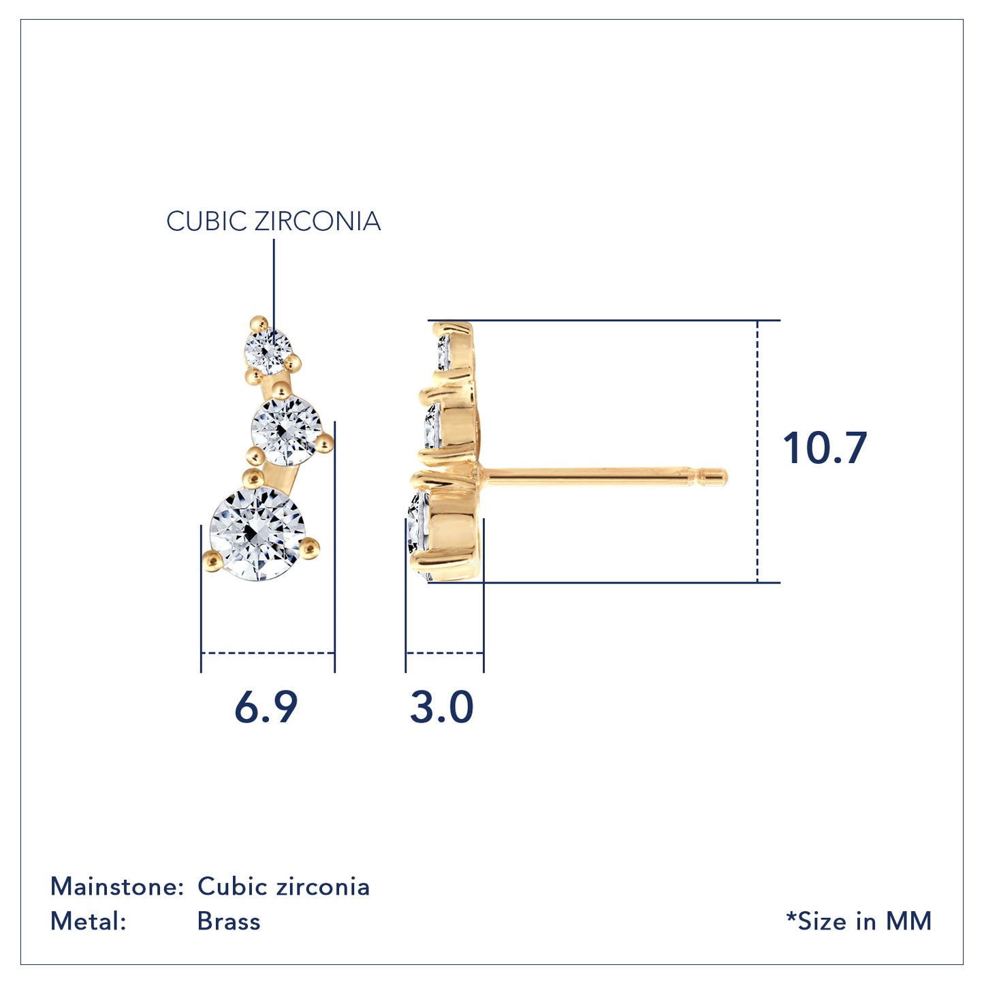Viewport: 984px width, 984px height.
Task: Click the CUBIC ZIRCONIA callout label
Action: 273,221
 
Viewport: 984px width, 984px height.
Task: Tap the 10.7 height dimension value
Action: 825,448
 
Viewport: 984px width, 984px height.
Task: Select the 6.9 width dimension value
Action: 266,708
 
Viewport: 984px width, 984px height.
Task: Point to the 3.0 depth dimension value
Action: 442,708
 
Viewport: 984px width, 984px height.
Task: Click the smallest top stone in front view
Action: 268,351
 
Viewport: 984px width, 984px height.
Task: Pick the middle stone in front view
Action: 286,431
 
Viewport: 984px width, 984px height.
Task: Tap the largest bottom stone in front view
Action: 257,533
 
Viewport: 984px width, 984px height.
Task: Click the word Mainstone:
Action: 116,886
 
